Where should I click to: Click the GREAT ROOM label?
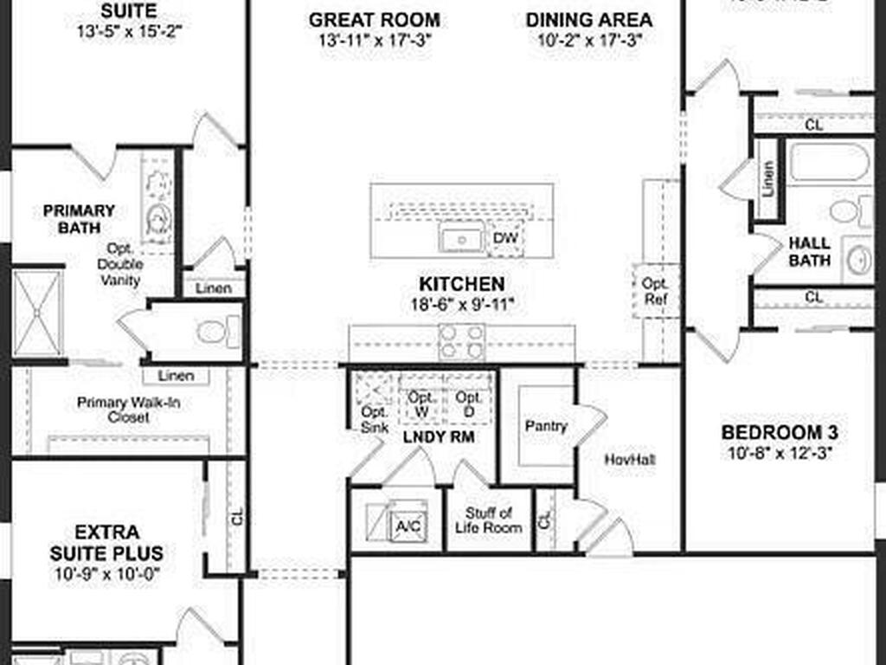(374, 19)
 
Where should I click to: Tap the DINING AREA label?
(589, 19)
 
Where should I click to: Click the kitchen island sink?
(460, 237)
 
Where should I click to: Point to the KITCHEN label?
(461, 284)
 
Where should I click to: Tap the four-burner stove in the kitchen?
(462, 341)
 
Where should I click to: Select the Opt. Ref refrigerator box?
(654, 291)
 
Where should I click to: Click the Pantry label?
(546, 426)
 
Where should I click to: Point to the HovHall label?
(629, 459)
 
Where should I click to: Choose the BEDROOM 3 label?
(780, 433)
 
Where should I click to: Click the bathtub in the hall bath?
(828, 162)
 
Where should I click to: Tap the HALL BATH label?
(810, 252)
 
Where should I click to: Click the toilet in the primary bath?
(211, 332)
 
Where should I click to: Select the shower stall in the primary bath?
(37, 313)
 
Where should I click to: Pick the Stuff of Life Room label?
(488, 520)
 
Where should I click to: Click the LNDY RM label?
(439, 437)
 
